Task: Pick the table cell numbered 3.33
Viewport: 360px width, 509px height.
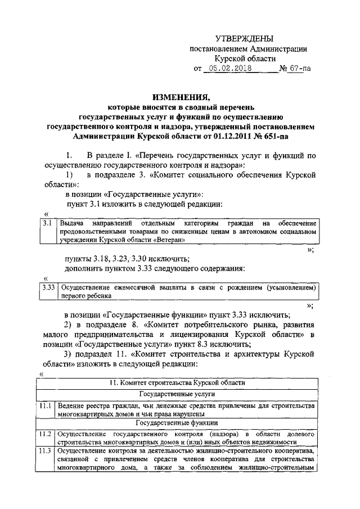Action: pos(48,287)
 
